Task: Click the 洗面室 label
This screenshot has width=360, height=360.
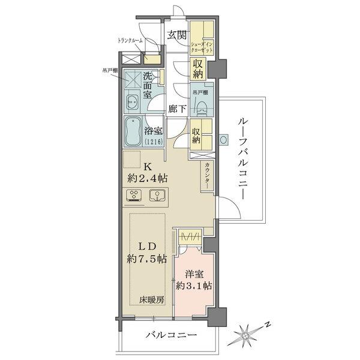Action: click(x=151, y=85)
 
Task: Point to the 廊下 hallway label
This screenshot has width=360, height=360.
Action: click(x=177, y=110)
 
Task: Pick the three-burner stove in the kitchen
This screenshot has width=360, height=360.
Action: click(x=134, y=196)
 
